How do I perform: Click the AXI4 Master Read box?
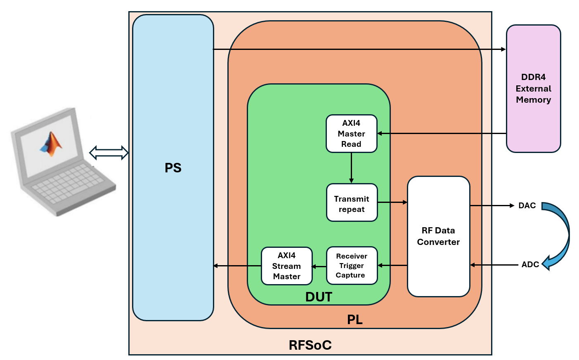click(x=351, y=134)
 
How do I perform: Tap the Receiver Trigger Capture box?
click(x=352, y=266)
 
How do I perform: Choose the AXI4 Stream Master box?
click(x=286, y=266)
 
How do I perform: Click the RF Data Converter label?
click(x=438, y=236)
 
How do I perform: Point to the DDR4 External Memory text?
click(x=533, y=88)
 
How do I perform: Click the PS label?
click(x=173, y=168)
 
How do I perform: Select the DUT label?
click(x=319, y=297)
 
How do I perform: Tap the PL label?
click(x=354, y=320)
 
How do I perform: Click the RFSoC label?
click(x=310, y=345)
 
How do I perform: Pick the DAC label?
click(x=527, y=205)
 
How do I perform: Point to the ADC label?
click(x=530, y=264)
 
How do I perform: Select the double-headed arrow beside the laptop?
click(x=109, y=153)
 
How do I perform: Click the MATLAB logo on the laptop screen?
click(x=51, y=144)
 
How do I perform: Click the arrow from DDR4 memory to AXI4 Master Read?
click(x=442, y=133)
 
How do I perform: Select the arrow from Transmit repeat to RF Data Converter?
click(x=392, y=202)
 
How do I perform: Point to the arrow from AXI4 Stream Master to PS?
click(x=237, y=266)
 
